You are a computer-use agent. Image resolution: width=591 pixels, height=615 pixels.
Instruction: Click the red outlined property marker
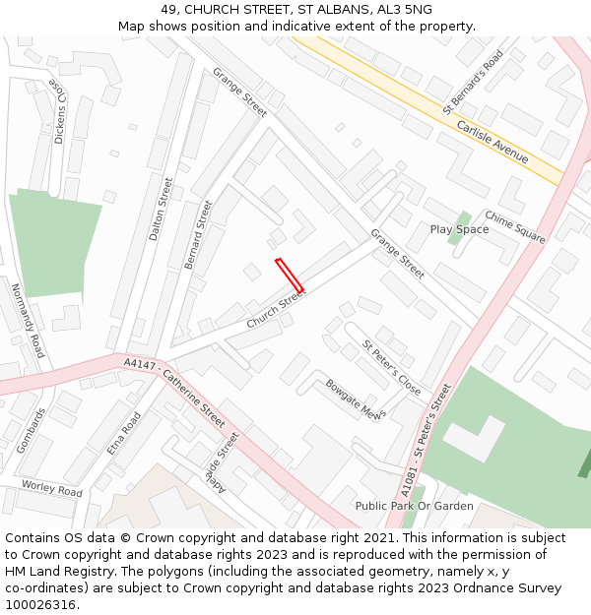point(289,275)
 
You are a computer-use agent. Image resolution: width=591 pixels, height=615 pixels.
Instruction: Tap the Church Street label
point(277,308)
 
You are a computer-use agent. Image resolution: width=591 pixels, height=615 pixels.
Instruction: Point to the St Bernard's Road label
point(473,82)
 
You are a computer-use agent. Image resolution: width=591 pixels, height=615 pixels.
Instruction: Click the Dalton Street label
point(161,209)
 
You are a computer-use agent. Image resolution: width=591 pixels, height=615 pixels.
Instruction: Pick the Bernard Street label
point(198,234)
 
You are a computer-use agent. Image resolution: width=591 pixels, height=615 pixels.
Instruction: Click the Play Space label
point(459,229)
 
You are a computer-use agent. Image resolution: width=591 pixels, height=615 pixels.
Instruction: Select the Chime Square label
point(514,226)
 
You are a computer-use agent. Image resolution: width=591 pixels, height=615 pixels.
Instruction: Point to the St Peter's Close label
point(392,368)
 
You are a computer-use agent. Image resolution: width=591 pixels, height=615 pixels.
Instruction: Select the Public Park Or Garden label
point(415,506)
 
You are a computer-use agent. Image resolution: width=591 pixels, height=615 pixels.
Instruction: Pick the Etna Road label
point(124,433)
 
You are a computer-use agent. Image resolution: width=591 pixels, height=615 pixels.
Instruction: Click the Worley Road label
point(52,488)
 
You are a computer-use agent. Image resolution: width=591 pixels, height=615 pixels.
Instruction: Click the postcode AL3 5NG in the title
point(405,10)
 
